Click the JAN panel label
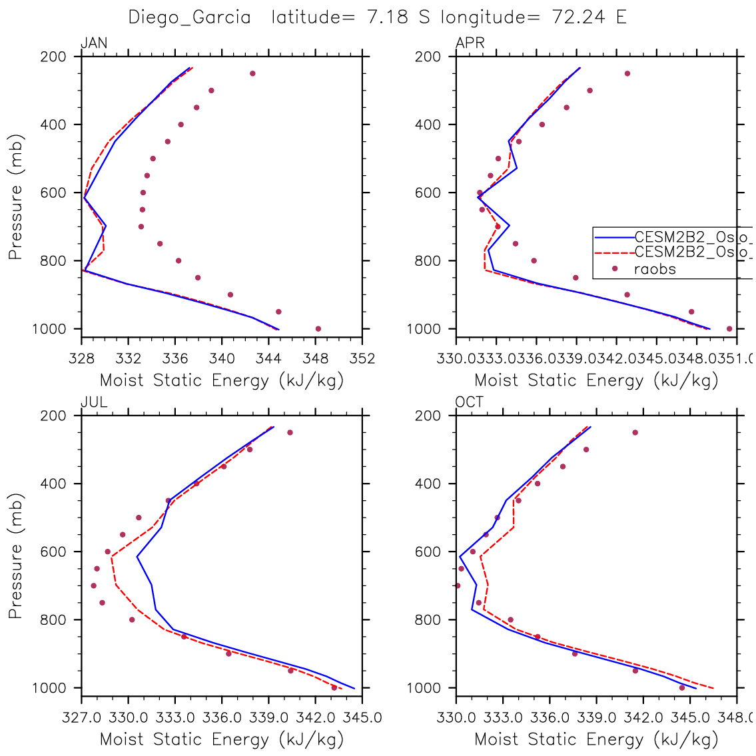(94, 44)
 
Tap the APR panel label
(470, 44)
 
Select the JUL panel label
(94, 402)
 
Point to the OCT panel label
(470, 402)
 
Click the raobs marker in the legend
(615, 269)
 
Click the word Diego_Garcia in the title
(189, 17)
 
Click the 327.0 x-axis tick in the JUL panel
(81, 718)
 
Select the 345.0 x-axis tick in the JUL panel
(362, 718)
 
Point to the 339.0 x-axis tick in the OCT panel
(596, 718)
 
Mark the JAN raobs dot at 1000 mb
(318, 328)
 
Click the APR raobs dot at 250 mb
(627, 73)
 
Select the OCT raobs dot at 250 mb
(635, 432)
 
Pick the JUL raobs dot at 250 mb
(290, 432)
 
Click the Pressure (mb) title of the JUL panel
(16, 556)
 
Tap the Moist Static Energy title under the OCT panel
(596, 739)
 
